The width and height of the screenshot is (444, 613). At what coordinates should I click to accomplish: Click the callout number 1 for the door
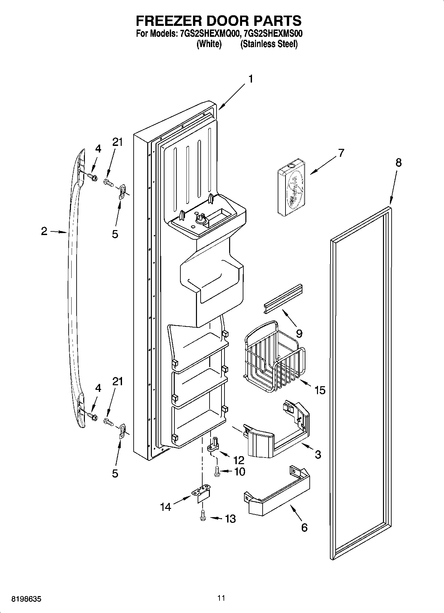(x=251, y=79)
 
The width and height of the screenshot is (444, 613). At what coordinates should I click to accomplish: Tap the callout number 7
(x=341, y=153)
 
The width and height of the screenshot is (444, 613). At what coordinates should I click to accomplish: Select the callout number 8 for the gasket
(x=398, y=163)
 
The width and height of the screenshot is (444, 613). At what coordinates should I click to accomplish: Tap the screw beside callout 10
(x=217, y=471)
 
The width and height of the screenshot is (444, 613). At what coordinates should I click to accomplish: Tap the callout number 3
(x=318, y=454)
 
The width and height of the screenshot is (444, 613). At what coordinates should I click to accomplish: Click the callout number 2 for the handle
(x=44, y=231)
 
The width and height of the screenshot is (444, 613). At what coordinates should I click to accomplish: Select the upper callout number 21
(x=117, y=142)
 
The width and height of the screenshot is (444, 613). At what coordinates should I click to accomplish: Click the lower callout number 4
(x=98, y=388)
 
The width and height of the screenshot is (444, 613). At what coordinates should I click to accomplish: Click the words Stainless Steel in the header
(x=269, y=44)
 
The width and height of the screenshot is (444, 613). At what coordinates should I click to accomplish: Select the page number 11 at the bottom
(x=222, y=598)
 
